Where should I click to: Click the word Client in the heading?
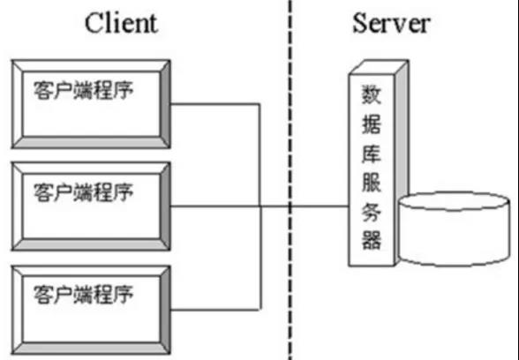click(x=121, y=23)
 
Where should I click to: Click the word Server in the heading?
click(x=391, y=23)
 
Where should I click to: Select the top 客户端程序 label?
click(x=83, y=90)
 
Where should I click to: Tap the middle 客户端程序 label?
click(x=83, y=192)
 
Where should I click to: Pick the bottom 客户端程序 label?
click(x=83, y=295)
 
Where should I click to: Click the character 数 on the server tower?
click(x=372, y=94)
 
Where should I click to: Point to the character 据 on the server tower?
click(x=372, y=124)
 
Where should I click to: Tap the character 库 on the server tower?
click(x=372, y=153)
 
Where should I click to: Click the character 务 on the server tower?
click(x=372, y=211)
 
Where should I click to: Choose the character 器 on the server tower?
click(x=372, y=240)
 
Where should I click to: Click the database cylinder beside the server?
click(x=454, y=229)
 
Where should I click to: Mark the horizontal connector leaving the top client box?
click(x=215, y=104)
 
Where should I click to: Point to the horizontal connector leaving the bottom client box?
click(x=215, y=310)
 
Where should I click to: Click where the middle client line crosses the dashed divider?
click(x=290, y=206)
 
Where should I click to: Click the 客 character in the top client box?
click(x=43, y=90)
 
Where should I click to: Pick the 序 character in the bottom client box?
click(x=124, y=295)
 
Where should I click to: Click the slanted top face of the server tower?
click(x=379, y=67)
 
